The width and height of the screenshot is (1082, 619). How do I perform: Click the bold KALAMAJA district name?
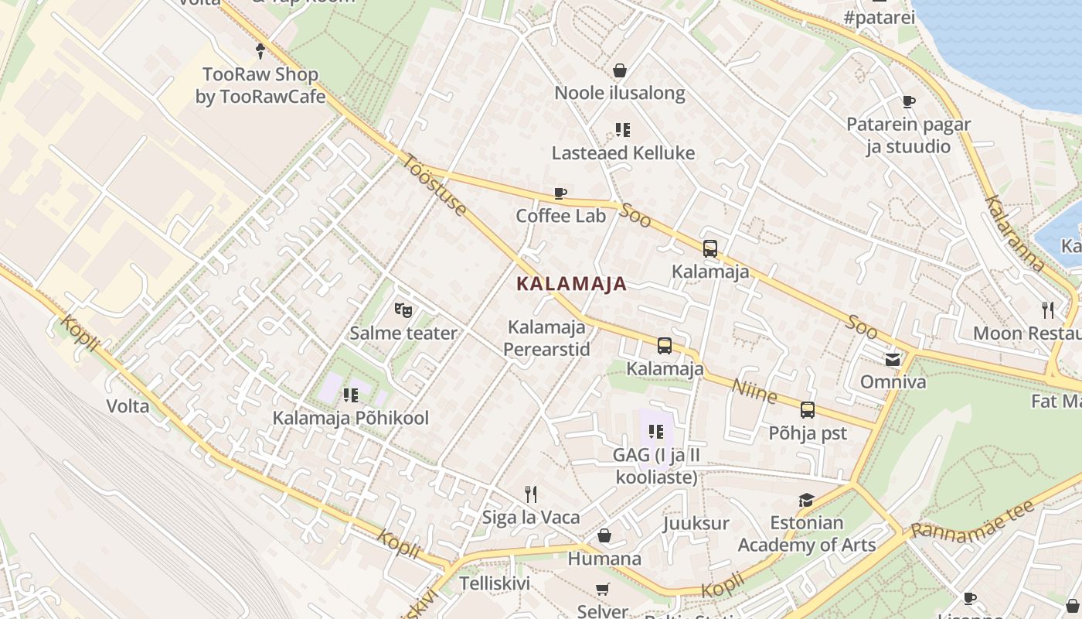point(571,284)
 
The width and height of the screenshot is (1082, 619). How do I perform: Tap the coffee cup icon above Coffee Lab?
point(560,193)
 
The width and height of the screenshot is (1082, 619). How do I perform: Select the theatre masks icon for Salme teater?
point(403,310)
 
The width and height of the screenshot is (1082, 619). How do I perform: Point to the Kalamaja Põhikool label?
point(350,418)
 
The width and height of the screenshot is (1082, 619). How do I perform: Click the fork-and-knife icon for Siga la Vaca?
point(530,494)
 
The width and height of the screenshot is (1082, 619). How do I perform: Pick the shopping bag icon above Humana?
point(604,535)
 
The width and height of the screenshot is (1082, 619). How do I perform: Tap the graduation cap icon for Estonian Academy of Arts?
point(806,501)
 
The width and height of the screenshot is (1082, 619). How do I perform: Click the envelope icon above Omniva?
point(893,359)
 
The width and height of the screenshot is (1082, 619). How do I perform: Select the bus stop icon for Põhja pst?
point(807,410)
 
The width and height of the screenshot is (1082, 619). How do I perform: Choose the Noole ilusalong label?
point(620,94)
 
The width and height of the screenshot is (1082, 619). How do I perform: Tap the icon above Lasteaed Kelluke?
point(622,130)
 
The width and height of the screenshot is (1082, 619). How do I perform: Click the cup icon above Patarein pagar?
point(908,101)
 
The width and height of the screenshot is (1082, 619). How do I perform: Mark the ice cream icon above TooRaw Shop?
point(260,52)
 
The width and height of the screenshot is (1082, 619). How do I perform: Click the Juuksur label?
point(696,523)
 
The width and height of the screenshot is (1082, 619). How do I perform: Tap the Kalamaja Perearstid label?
point(546,338)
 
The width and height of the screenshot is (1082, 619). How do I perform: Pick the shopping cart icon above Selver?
point(603,590)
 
